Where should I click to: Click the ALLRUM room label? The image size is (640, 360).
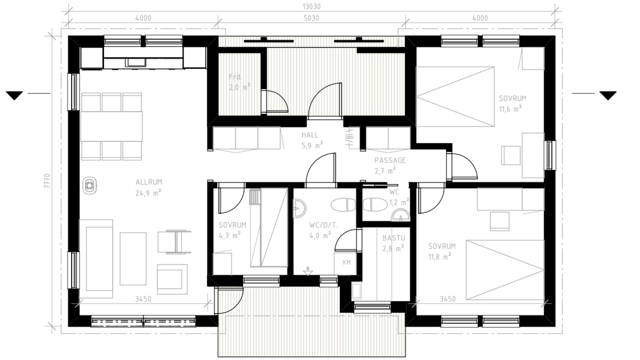click(149, 182)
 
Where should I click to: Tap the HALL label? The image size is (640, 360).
click(310, 135)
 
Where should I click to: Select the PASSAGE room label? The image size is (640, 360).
click(390, 160)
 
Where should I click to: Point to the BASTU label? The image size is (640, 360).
click(394, 238)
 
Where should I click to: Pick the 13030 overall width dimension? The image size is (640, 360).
click(311, 7)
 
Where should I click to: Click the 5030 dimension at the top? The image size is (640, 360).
click(311, 18)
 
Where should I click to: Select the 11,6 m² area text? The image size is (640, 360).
click(510, 109)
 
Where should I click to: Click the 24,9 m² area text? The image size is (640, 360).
click(148, 192)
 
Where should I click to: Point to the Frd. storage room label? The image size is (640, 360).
click(235, 77)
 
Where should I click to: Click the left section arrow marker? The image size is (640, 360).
click(14, 96)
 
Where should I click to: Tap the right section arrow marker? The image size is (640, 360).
click(608, 96)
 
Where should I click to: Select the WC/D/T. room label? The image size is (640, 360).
click(323, 225)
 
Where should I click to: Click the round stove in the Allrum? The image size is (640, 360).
click(90, 186)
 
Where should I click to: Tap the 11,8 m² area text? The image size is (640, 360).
click(440, 256)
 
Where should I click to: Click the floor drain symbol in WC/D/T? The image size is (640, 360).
click(308, 271)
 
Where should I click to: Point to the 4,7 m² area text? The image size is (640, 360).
click(230, 235)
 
